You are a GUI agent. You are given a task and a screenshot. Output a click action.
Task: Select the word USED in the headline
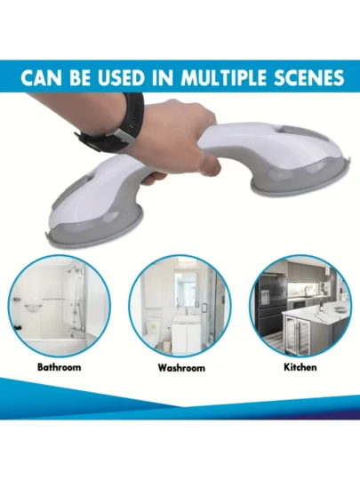(x=121, y=78)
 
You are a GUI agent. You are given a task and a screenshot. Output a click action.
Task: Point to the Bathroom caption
(x=59, y=367)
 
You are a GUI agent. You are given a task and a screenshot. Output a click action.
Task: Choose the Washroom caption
(x=181, y=367)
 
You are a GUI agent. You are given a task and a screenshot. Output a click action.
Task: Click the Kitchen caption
(x=300, y=367)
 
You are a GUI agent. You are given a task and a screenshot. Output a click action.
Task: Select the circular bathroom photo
(x=59, y=306)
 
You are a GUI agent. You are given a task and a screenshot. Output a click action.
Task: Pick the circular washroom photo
(x=180, y=306)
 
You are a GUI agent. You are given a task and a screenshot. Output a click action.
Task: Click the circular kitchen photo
(x=300, y=306)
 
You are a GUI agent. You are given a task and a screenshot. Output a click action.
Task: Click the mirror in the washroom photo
(x=186, y=289)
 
